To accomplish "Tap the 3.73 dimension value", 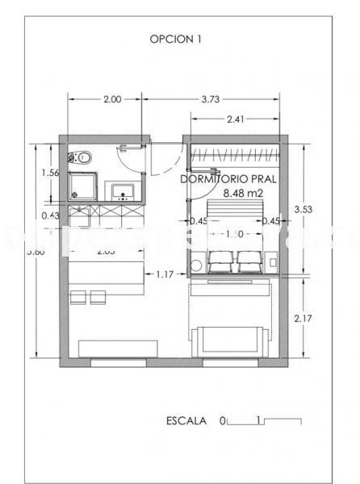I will click(211, 100).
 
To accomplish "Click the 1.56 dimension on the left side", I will click(50, 172).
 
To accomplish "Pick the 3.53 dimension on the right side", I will click(303, 210).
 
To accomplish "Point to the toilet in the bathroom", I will click(82, 157).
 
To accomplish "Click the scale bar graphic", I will click(264, 421).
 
